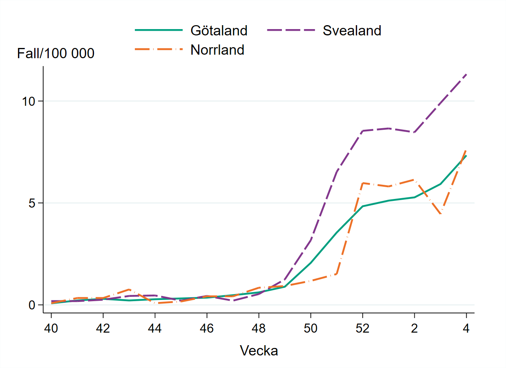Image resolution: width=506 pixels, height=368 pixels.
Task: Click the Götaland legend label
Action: point(219,30)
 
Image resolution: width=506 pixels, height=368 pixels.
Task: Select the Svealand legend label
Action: point(352,30)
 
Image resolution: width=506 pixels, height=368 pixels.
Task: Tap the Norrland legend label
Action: point(217,50)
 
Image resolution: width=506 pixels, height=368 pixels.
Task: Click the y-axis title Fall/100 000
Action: point(56,53)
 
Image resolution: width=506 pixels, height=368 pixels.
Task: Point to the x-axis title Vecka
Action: point(259,350)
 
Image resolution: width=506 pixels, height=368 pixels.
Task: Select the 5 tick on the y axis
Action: point(32,203)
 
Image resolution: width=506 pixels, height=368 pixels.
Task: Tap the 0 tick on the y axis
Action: point(32,305)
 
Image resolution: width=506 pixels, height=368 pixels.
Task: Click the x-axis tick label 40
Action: point(51,328)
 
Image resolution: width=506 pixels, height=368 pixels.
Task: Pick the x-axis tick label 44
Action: point(155,328)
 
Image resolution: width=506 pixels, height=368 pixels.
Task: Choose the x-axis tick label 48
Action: point(259,328)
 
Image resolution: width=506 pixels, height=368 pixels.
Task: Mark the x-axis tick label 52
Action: point(362,328)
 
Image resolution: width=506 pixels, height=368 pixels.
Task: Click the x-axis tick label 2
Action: point(414,328)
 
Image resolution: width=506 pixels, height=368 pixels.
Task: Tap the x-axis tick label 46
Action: point(207,328)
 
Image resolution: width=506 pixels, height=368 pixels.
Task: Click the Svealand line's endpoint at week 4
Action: point(466,74)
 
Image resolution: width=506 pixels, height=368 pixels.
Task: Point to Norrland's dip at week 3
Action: point(440,213)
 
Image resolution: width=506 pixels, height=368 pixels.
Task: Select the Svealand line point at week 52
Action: point(362,131)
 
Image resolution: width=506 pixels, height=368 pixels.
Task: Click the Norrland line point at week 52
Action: point(362,183)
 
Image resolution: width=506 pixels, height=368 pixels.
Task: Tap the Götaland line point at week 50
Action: point(311,262)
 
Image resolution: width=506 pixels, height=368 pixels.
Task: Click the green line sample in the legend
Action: point(159,30)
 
